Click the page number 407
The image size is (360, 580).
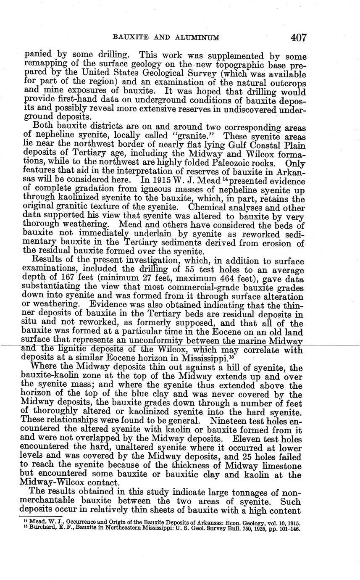point(298,38)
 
